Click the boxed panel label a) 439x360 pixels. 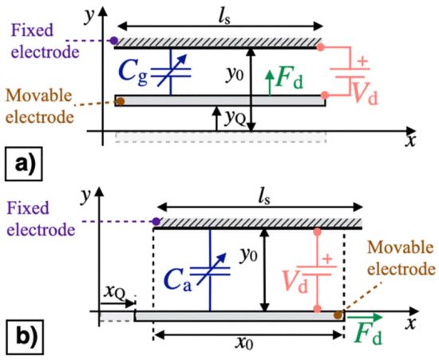[x=23, y=164]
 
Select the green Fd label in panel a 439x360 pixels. [x=289, y=79]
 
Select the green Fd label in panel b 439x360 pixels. [x=368, y=334]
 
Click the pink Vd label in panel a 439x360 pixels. [x=365, y=93]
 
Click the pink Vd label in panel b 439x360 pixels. [x=295, y=281]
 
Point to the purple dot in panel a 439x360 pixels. [x=113, y=41]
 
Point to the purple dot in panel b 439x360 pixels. [x=156, y=222]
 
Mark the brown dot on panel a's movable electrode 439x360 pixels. [x=120, y=101]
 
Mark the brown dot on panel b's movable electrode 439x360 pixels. [x=338, y=315]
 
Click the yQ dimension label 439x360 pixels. [x=235, y=119]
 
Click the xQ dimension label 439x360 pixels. [x=113, y=293]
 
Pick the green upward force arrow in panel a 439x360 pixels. [x=269, y=83]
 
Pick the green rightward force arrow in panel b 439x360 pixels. [x=364, y=317]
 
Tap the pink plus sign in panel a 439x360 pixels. [x=363, y=61]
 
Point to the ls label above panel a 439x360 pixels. [x=224, y=18]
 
